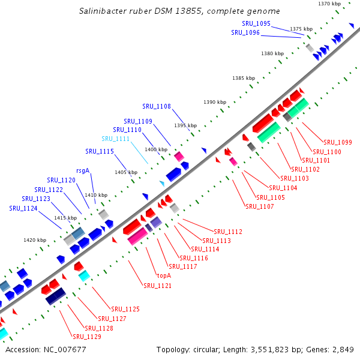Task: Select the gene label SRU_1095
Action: (x=256, y=23)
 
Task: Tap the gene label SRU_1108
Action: (x=157, y=107)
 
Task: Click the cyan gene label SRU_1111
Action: (x=115, y=139)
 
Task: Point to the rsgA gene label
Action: (x=83, y=170)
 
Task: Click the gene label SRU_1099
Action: (x=337, y=142)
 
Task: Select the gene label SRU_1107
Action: (x=259, y=206)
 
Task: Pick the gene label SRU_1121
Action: (x=157, y=286)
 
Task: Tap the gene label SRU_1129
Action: (x=86, y=337)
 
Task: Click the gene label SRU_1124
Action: (x=23, y=208)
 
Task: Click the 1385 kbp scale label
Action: (x=244, y=79)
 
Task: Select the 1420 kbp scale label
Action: (x=35, y=240)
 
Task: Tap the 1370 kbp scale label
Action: (x=329, y=4)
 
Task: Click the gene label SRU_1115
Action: (x=100, y=151)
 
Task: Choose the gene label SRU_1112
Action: (x=228, y=232)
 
